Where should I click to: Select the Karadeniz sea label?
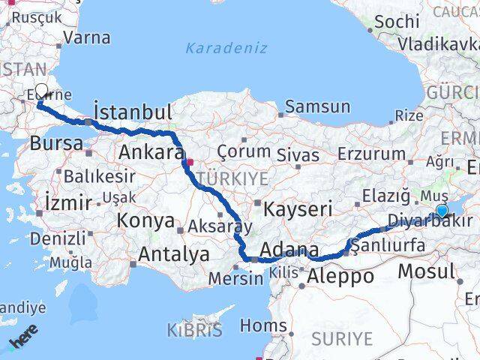pos(226,48)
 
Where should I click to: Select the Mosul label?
pos(426,271)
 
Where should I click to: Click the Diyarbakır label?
pos(430,221)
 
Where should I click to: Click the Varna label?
pos(87,37)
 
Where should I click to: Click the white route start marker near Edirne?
pos(41,91)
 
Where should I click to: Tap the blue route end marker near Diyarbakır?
pos(442,211)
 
